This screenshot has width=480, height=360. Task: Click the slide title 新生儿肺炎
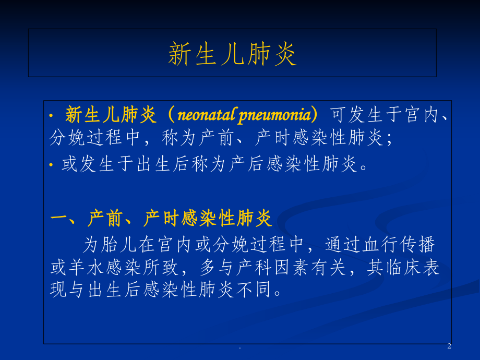pos(232,54)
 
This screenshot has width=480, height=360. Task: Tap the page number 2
pos(449,346)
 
